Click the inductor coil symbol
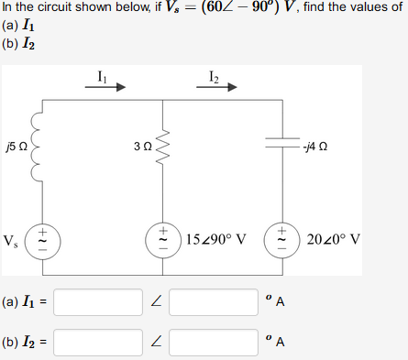tap(39, 145)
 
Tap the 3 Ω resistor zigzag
tap(163, 144)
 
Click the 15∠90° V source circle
tap(163, 239)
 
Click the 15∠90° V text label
tap(216, 240)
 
